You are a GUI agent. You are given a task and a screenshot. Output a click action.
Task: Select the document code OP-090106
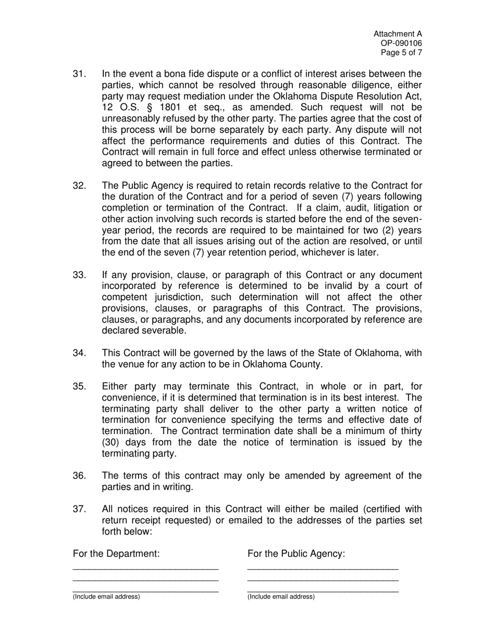point(402,44)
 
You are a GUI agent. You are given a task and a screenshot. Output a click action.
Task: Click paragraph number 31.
point(79,74)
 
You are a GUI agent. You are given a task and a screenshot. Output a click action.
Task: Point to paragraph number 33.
point(79,275)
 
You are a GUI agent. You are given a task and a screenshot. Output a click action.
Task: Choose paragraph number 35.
point(79,386)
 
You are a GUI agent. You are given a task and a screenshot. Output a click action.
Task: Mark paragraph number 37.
point(79,509)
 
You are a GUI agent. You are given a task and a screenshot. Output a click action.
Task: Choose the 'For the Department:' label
point(116,553)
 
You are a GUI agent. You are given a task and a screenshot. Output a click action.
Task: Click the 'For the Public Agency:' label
point(296,553)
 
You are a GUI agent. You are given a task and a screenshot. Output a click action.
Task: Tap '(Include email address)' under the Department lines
point(106,597)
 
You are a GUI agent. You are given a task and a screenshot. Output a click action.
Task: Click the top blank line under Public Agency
point(323,569)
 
